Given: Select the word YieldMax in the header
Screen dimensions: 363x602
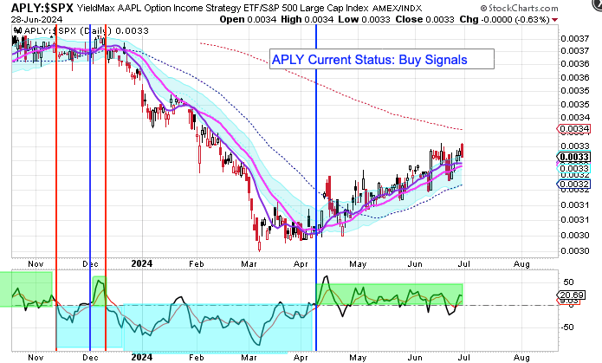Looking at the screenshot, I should point(94,8).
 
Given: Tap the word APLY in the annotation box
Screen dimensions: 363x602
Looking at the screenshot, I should point(289,60).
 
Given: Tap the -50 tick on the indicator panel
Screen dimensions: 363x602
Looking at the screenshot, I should point(570,326).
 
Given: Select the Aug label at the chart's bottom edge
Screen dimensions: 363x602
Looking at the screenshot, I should point(521,355).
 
